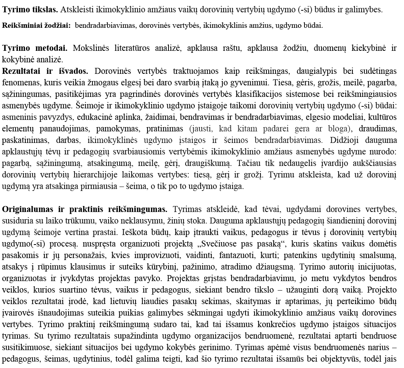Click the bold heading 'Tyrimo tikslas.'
pos(30,9)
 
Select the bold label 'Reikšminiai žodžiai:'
pos(36,26)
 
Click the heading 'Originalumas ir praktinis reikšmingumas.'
pos(85,209)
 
